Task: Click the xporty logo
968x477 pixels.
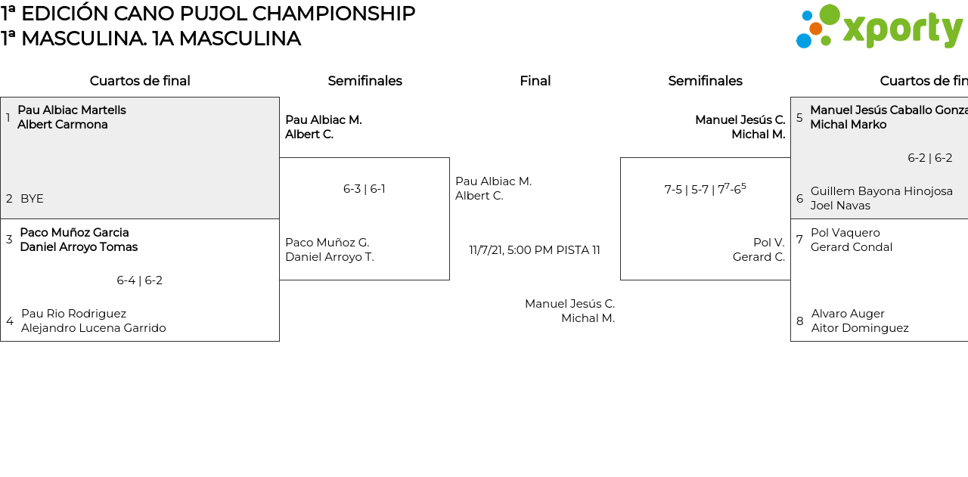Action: (879, 27)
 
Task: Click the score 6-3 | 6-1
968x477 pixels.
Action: (365, 189)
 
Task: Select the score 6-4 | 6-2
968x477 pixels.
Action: (139, 280)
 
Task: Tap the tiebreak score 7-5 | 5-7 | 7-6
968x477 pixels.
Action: (705, 189)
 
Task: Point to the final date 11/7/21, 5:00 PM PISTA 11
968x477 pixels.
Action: (535, 250)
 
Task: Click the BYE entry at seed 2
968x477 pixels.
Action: (32, 199)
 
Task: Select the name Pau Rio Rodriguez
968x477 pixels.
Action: (73, 314)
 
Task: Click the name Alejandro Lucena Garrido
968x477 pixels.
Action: (93, 328)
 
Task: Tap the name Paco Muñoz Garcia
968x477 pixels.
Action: (74, 233)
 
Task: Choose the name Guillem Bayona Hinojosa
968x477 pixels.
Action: (881, 191)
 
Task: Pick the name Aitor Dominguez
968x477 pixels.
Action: (860, 328)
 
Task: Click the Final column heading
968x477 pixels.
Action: (535, 81)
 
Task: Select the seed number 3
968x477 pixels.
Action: (9, 240)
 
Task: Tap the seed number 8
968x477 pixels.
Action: (799, 321)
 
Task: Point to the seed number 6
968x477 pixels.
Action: (799, 199)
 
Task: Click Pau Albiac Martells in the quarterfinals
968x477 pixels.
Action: (72, 110)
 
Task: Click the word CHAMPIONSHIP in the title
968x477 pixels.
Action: (334, 14)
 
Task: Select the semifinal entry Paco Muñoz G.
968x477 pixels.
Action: (327, 243)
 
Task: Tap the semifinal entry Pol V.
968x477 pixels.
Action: (768, 243)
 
